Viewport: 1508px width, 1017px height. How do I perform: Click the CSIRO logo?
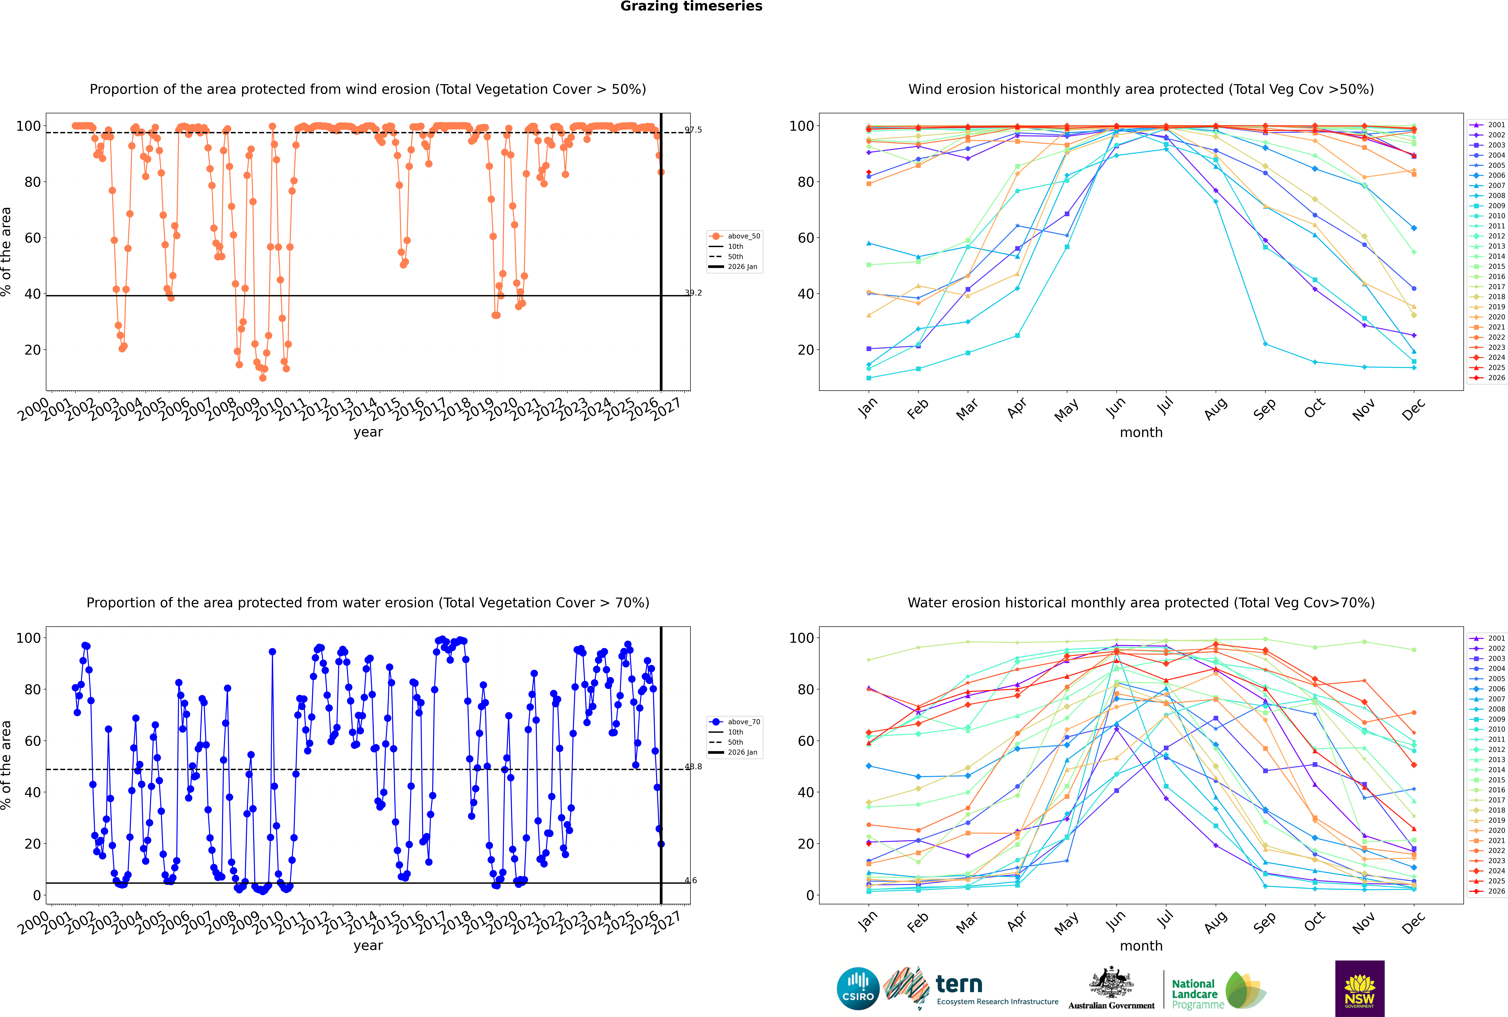[x=858, y=989]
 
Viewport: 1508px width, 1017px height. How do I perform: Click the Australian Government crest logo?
[x=1111, y=989]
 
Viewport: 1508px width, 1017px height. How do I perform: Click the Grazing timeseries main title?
[x=691, y=6]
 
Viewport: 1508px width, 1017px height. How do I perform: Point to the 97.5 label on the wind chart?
[x=693, y=130]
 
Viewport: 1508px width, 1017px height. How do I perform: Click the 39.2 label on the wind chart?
[x=693, y=292]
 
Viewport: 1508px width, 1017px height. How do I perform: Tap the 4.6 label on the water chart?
[x=691, y=880]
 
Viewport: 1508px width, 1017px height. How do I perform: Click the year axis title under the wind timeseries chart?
[x=368, y=433]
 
